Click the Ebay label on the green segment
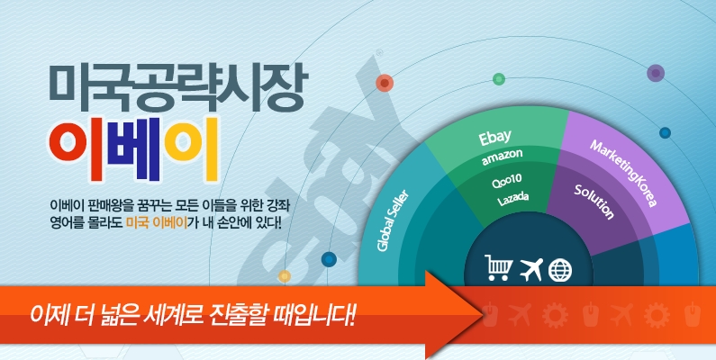pyautogui.click(x=494, y=138)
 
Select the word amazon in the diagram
pyautogui.click(x=502, y=157)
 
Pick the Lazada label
pyautogui.click(x=512, y=200)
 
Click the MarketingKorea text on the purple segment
pyautogui.click(x=623, y=173)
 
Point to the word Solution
pyautogui.click(x=594, y=202)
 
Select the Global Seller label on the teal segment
pyautogui.click(x=393, y=220)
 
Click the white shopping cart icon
pyautogui.click(x=499, y=268)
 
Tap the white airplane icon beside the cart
pyautogui.click(x=531, y=269)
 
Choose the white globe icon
pyautogui.click(x=559, y=270)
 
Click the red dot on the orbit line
pyautogui.click(x=385, y=83)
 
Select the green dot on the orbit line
pyautogui.click(x=499, y=79)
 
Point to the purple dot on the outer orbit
pyautogui.click(x=656, y=73)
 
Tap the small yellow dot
pyautogui.click(x=285, y=276)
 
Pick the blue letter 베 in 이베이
pyautogui.click(x=134, y=150)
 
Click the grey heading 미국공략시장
pyautogui.click(x=178, y=89)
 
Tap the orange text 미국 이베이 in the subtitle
pyautogui.click(x=157, y=223)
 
